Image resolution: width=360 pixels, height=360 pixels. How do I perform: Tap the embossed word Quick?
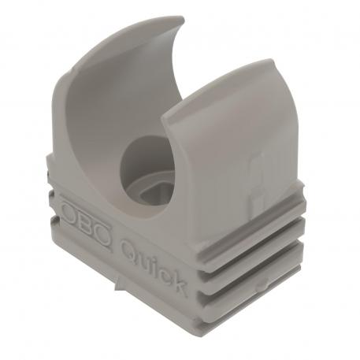point(154,265)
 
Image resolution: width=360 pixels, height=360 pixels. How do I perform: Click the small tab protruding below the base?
point(118,282)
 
